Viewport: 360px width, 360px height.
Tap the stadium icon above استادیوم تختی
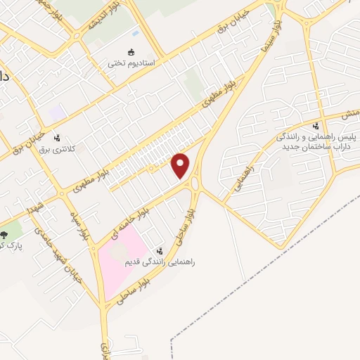coord(130,51)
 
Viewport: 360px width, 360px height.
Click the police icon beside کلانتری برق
coord(56,139)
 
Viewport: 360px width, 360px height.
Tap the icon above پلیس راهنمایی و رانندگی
coord(314,126)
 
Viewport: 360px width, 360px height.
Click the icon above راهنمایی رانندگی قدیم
coord(160,250)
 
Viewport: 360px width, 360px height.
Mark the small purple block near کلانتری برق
coord(57,112)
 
